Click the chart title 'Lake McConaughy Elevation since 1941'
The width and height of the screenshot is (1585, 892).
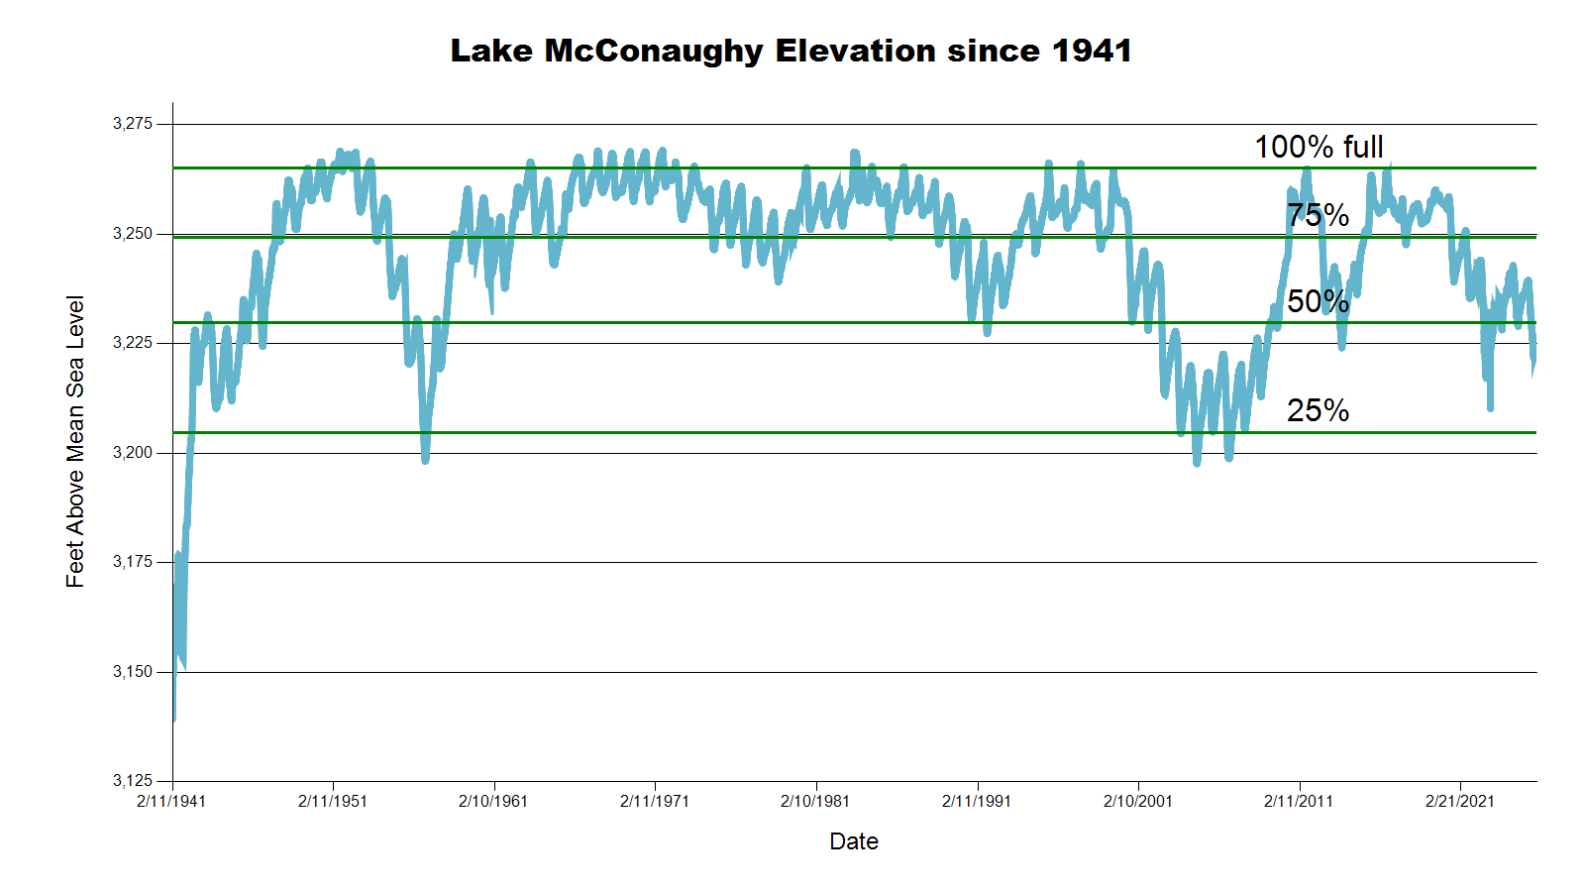pos(791,51)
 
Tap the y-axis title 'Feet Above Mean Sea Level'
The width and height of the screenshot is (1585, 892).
pos(75,441)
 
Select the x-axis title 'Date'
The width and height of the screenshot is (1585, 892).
pos(854,841)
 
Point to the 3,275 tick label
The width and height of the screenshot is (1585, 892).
pos(133,124)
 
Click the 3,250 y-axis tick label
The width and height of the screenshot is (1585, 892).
pos(133,234)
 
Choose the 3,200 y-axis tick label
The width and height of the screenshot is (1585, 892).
pos(133,453)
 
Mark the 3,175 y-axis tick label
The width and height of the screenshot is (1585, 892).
pos(133,562)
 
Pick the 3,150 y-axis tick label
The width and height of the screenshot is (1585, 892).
pos(133,672)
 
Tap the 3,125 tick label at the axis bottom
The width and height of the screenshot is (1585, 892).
pos(133,781)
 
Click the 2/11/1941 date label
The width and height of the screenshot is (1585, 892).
pos(171,801)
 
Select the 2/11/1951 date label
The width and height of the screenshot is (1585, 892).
pos(333,801)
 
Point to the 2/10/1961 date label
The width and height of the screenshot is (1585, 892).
pos(493,801)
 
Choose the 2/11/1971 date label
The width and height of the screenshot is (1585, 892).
pos(655,801)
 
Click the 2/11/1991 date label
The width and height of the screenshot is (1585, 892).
pos(977,801)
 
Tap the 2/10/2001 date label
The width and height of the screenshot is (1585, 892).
pos(1138,801)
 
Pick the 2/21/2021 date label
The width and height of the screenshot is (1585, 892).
pos(1460,801)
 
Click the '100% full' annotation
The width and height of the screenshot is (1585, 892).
pos(1319,147)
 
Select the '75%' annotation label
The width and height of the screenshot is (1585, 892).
pos(1318,215)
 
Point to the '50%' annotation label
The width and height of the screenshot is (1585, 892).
pos(1318,301)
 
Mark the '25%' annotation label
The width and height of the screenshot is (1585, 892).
pos(1318,410)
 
